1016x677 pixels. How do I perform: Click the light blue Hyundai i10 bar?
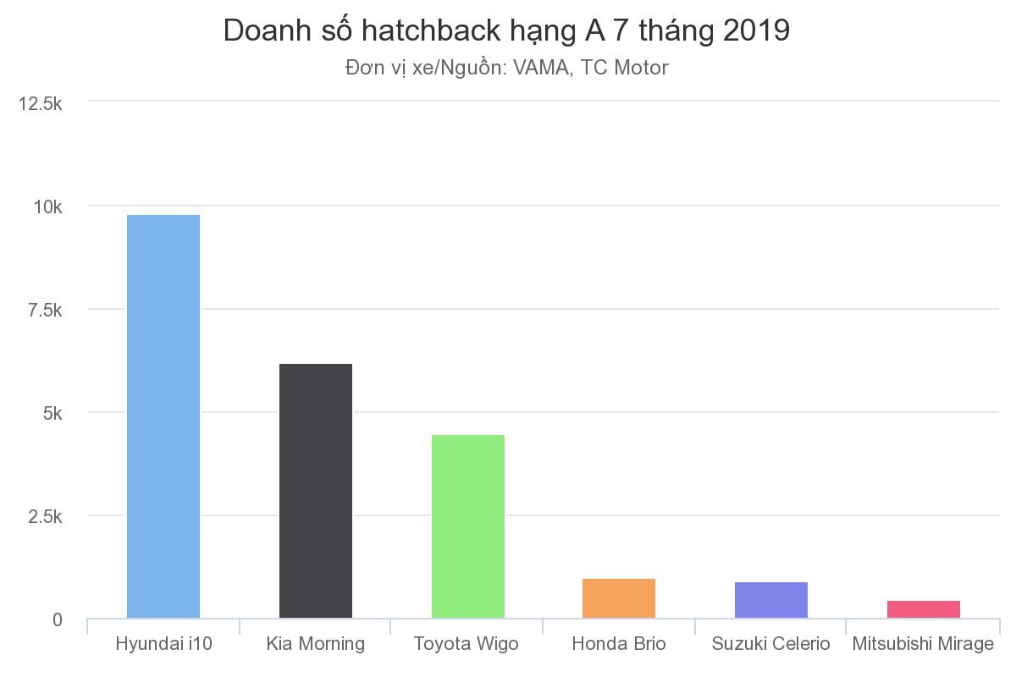pos(163,416)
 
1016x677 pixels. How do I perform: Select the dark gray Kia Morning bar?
pos(316,491)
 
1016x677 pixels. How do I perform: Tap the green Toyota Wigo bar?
pos(467,526)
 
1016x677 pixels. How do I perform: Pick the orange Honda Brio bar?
pos(619,598)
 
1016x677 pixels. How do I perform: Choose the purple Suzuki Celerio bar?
pos(771,600)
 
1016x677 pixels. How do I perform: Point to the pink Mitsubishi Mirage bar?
pos(923,609)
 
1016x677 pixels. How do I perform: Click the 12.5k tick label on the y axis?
pos(41,103)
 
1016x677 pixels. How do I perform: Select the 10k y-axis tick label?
pos(47,207)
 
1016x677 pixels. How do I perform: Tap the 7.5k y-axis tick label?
pos(45,311)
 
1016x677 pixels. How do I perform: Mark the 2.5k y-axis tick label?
pos(45,517)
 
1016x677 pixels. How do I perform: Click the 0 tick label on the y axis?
pos(57,620)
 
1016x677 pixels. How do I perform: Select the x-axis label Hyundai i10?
pos(163,644)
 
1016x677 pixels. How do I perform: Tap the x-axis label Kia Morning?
pos(316,644)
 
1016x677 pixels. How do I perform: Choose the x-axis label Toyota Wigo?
pos(467,644)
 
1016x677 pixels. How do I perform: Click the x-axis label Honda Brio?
pos(619,644)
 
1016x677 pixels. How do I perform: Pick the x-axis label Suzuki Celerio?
pos(771,644)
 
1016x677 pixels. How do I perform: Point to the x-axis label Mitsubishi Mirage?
pos(923,644)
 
